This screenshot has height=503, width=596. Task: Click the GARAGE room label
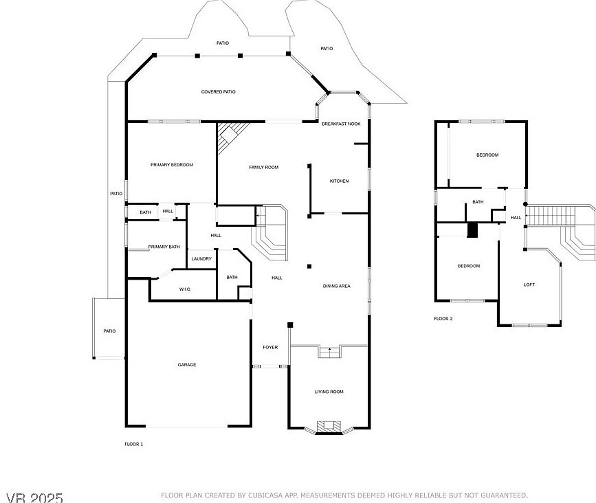(187, 365)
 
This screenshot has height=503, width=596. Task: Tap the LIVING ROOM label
(329, 392)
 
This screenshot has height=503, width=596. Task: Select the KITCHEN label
(339, 181)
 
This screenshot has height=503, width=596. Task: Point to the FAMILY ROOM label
(263, 167)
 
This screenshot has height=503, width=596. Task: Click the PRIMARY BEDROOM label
(172, 165)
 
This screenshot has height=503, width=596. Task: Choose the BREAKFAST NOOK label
(342, 124)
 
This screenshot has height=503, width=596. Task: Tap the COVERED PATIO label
(219, 91)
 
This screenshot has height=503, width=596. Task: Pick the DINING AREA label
(337, 286)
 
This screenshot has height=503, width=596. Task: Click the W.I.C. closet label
(185, 289)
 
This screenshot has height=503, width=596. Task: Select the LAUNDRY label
(201, 259)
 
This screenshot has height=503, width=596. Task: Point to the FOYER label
(270, 347)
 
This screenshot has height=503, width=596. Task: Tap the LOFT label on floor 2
(529, 284)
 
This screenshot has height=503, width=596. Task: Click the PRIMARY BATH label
(164, 247)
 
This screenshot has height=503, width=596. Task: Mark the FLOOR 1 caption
(134, 445)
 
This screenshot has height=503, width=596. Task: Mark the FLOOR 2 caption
(443, 319)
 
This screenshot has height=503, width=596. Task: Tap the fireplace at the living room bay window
(328, 427)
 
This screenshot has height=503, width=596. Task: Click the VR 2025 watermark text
(34, 496)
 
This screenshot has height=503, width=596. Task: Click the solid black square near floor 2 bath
(472, 230)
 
